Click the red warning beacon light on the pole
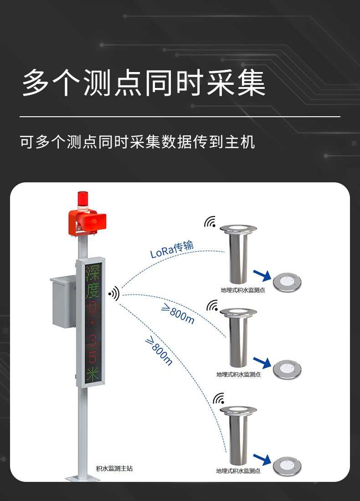tap(82, 200)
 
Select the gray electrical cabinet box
tap(63, 302)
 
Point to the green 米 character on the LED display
tap(93, 374)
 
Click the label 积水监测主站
tap(114, 469)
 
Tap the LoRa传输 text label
tap(172, 249)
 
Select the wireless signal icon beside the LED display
tap(114, 293)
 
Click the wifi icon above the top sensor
tap(210, 222)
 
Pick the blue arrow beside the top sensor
tap(262, 275)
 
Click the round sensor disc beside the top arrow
tap(287, 282)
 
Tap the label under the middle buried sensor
tap(238, 374)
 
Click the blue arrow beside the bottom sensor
tap(262, 460)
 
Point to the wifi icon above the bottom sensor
tap(219, 398)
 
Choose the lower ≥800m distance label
tap(159, 351)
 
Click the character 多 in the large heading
tap(36, 83)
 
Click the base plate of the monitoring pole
tap(83, 478)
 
